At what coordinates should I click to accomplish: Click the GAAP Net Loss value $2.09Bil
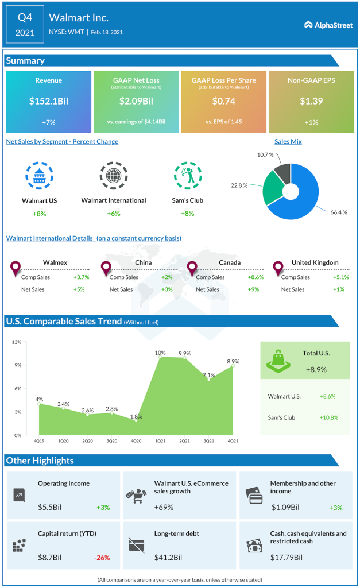tap(136, 101)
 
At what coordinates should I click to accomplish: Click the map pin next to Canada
tap(192, 268)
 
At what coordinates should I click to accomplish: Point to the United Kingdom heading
tap(315, 262)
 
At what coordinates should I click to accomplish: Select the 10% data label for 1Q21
tap(160, 353)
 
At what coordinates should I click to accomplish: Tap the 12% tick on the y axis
tap(17, 342)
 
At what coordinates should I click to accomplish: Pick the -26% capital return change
tap(102, 557)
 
